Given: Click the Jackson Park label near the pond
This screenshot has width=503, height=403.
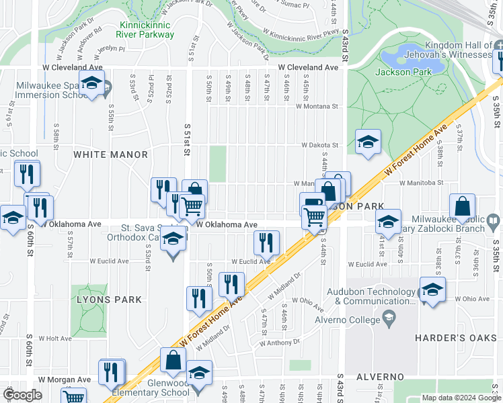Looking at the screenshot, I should (402, 73).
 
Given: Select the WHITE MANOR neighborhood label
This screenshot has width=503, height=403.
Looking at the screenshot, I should (110, 154).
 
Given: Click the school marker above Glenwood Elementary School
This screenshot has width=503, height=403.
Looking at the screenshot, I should (199, 373).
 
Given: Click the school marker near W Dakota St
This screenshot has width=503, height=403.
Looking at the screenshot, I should (368, 141).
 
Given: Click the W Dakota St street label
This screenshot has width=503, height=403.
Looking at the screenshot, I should (319, 144).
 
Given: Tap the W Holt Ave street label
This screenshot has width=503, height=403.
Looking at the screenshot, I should (54, 339).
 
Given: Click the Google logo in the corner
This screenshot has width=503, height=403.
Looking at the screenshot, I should (23, 395).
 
